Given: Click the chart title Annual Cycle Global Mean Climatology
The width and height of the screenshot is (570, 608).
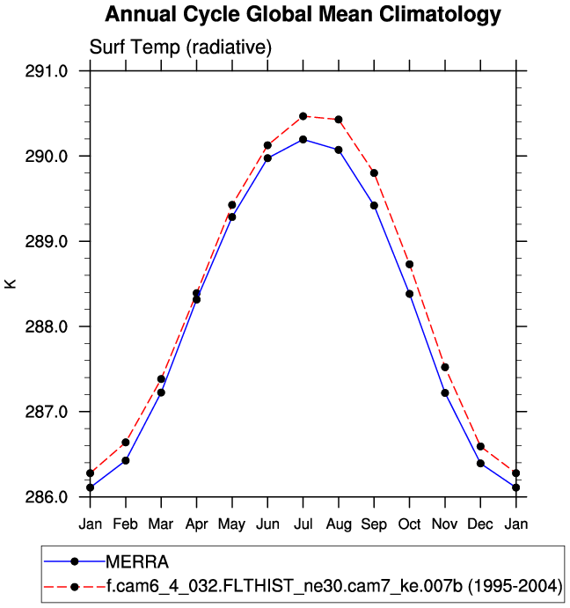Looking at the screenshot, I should pos(303,15).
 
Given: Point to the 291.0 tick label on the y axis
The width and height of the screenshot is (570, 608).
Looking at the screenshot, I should pos(48,71).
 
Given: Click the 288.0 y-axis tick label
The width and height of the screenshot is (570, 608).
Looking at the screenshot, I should pos(48,326).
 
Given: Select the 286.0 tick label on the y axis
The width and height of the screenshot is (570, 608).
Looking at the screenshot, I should pos(48,497).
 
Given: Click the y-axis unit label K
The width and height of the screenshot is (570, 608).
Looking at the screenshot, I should pos(11,283).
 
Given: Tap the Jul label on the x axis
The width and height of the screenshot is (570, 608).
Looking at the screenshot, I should pos(303,524).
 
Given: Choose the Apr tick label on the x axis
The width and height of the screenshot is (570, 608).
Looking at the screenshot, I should pos(196,524).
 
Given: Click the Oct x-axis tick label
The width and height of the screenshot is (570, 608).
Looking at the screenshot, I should pos(409,524).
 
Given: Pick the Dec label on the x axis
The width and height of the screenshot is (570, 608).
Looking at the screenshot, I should pos(480,524).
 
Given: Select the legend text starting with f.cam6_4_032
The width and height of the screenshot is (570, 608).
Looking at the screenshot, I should pos(333,586).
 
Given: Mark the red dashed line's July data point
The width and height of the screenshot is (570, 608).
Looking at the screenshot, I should pos(303,116).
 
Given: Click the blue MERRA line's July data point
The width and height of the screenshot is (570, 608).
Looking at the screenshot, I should pos(303,139).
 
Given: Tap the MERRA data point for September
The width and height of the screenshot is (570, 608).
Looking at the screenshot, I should pos(374,205).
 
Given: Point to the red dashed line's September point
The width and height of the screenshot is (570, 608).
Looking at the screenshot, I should pos(374,172).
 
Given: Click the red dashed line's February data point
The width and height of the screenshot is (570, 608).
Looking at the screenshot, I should pos(126,443).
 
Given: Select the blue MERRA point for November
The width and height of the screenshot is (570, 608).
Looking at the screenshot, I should pos(445,392).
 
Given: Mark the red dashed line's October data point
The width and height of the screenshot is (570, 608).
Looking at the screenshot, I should pos(409,264).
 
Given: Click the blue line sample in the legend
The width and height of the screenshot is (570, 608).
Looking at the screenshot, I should pos(75,561).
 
